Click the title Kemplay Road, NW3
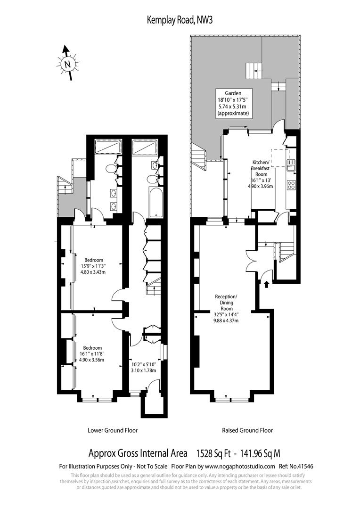[180, 20]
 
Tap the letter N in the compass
[67, 64]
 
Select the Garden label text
[233, 93]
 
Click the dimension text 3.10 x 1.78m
[143, 370]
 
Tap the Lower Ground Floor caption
[113, 430]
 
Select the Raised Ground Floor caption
[247, 430]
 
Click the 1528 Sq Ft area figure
[213, 453]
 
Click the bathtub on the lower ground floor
[155, 202]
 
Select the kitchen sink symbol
[291, 165]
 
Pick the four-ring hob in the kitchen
[291, 185]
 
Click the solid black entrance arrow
[267, 284]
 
